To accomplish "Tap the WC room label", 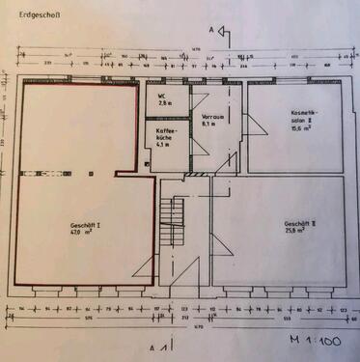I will coord(163,96).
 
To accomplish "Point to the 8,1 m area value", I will coord(208,124).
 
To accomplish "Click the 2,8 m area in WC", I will coord(164,103).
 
